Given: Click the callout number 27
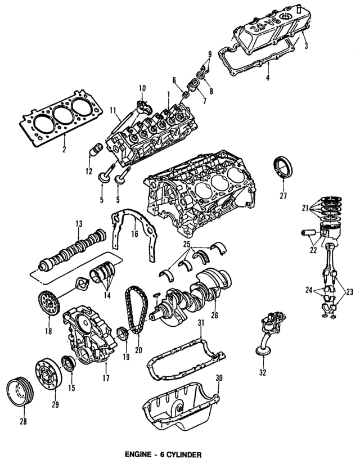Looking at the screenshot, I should [283, 196].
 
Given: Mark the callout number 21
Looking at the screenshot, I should [304, 208].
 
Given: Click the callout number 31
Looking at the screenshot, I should [199, 321].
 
